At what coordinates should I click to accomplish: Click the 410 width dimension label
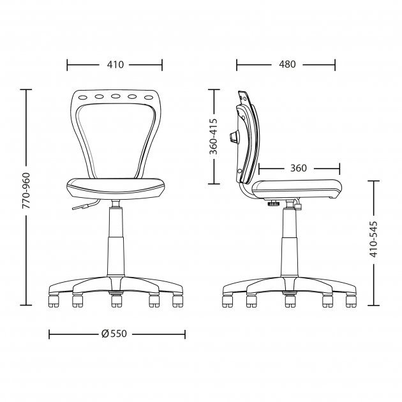coord(115,64)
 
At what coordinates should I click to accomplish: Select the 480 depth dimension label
coord(287,64)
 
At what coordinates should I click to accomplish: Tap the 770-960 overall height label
coord(26,191)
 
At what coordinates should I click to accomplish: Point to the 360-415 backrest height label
coord(213,137)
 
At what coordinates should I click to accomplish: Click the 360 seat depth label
coord(299,168)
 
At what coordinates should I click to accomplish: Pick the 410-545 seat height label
coord(373,239)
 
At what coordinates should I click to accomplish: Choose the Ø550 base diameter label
coord(114,334)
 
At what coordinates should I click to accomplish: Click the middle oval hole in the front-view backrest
coord(115,96)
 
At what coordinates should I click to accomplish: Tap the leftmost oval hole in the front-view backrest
coord(83,98)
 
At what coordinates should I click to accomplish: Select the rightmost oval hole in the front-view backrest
coord(149,98)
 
